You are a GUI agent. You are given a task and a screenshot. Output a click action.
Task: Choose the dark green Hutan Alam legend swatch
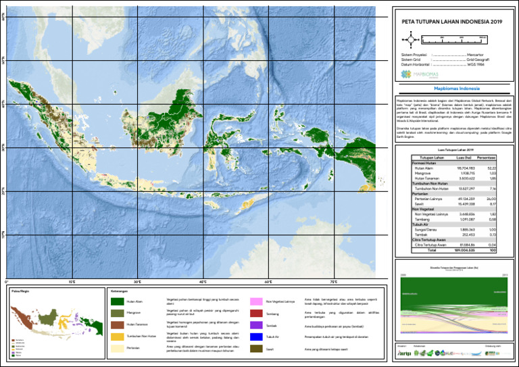[x=116, y=301]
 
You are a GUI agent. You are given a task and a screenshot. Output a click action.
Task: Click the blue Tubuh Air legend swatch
[x=256, y=336]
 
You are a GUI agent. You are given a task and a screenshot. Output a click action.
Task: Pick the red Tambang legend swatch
[x=256, y=314]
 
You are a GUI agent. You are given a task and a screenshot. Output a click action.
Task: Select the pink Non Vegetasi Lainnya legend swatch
[x=256, y=301]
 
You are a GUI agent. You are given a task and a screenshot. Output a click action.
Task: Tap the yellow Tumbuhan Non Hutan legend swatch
[x=116, y=336]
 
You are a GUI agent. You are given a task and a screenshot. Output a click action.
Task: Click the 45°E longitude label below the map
[x=203, y=281]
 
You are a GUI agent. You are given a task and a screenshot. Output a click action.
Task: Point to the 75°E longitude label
[x=334, y=281]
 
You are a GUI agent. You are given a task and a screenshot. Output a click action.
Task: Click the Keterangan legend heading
[x=119, y=291]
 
